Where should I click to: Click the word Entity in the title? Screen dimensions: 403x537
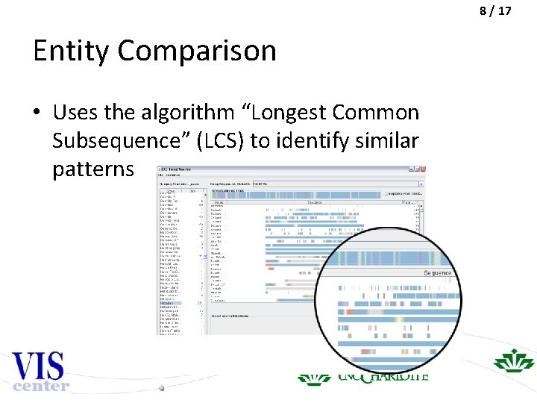(x=72, y=51)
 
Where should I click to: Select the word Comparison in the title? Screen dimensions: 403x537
(x=197, y=51)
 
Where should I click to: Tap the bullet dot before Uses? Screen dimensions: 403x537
(x=37, y=113)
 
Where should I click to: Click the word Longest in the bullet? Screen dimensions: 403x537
(x=286, y=113)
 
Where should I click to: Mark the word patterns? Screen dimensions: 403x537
(x=93, y=168)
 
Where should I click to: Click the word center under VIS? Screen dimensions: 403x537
(x=40, y=386)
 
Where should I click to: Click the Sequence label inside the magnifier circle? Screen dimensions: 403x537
(x=437, y=273)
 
